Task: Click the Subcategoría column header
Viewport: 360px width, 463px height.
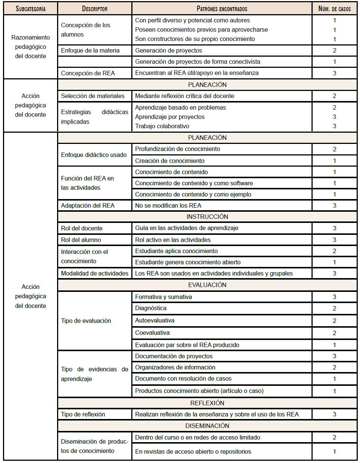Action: click(x=31, y=9)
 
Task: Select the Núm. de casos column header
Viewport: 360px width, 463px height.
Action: click(x=334, y=9)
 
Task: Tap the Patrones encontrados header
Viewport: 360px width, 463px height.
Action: click(x=222, y=9)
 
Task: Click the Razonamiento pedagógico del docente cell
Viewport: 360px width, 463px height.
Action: click(x=31, y=47)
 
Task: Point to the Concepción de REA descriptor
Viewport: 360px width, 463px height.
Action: click(x=88, y=73)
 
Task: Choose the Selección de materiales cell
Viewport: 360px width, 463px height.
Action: click(x=93, y=96)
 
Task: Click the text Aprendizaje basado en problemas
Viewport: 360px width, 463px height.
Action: click(x=180, y=107)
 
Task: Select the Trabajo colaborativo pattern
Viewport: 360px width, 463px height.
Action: click(x=162, y=126)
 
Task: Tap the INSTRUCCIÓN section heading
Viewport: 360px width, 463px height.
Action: click(x=207, y=217)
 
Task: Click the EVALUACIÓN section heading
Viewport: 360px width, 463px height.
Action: click(x=207, y=285)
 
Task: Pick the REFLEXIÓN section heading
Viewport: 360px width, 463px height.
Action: click(x=207, y=403)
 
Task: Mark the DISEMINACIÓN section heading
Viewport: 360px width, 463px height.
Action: click(x=207, y=426)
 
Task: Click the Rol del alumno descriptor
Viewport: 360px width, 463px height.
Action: click(x=81, y=240)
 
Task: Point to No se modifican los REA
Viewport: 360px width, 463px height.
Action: click(x=168, y=205)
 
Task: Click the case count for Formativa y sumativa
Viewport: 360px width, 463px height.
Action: click(x=334, y=297)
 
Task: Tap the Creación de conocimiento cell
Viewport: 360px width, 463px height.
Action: click(x=170, y=161)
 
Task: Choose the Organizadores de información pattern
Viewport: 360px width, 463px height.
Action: click(x=175, y=367)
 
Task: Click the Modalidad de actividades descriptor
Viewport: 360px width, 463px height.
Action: click(x=94, y=273)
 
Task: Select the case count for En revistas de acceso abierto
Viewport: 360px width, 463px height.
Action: click(x=334, y=451)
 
